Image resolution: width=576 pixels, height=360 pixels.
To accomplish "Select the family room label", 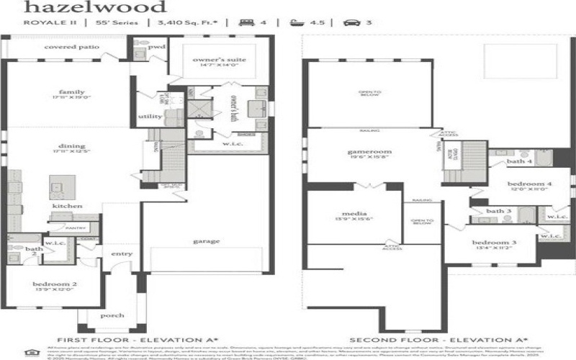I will click(72, 92).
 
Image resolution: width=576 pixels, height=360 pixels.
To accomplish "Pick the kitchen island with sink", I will click(58, 188).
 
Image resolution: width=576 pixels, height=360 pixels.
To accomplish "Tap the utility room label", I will click(150, 115).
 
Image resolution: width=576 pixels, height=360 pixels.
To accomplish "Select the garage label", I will click(207, 241).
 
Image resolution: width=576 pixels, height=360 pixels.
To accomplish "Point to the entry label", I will click(120, 253).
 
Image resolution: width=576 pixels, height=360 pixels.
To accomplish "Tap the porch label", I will click(113, 315).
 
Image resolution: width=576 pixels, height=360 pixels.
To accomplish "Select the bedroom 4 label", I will click(529, 184).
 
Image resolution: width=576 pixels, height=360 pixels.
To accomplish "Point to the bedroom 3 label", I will click(494, 243).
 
